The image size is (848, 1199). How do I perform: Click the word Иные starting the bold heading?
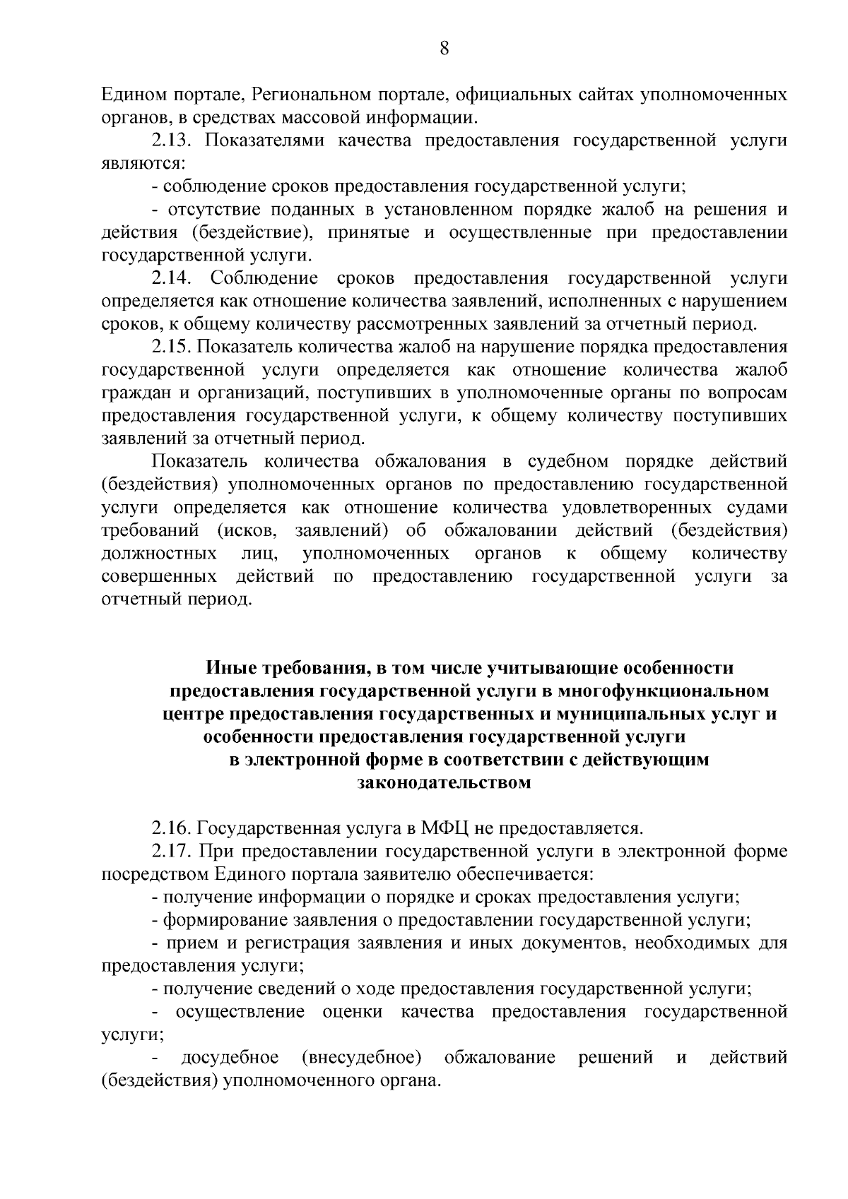[231, 667]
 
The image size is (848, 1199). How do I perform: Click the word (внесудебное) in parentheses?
[361, 1058]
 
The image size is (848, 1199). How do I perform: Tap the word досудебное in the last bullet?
[230, 1058]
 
